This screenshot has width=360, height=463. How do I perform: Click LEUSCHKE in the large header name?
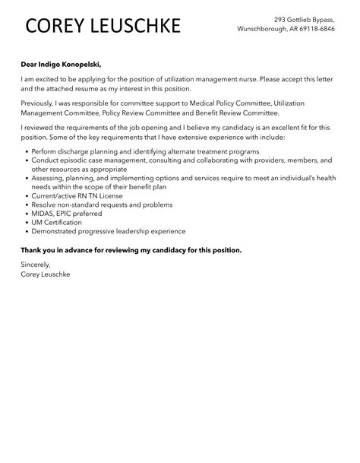pos(137,27)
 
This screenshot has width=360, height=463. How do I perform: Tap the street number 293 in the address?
pos(281,19)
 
